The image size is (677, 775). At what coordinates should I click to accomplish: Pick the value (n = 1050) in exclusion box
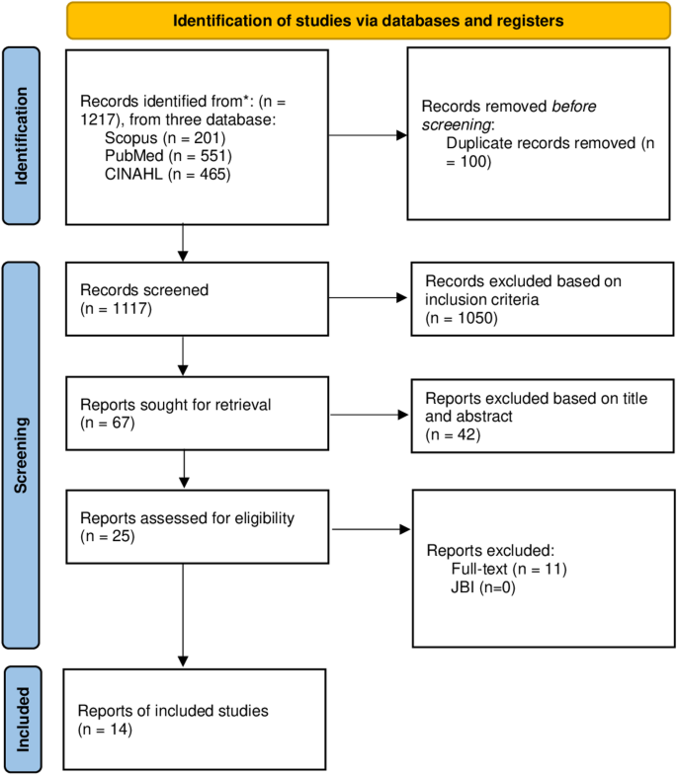460,320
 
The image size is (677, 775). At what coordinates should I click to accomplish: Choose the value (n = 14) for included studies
106,730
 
